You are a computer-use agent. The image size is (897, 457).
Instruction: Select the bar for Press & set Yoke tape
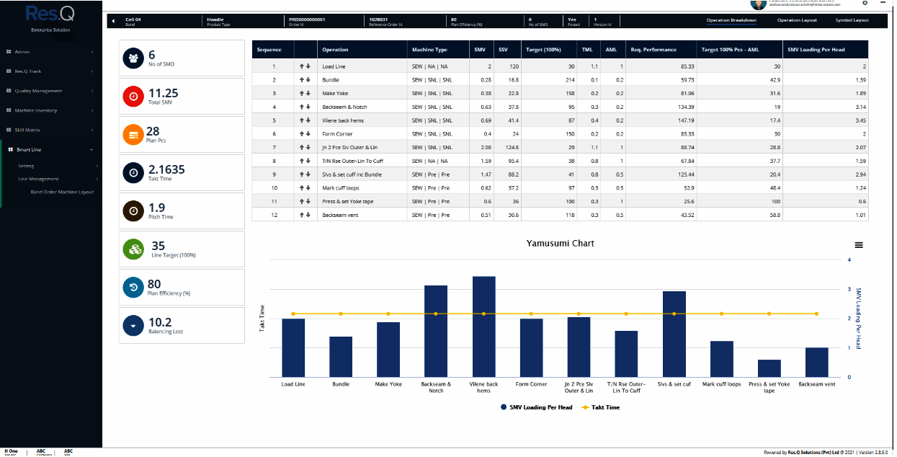(769, 368)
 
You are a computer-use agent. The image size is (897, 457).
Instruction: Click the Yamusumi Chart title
(561, 244)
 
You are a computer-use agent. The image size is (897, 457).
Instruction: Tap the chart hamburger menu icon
(858, 245)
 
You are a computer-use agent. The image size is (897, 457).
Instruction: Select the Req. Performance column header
(653, 50)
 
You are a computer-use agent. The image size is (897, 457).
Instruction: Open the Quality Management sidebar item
(38, 91)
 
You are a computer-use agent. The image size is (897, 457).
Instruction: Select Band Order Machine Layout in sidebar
(62, 192)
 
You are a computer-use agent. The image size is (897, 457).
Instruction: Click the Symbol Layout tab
(852, 20)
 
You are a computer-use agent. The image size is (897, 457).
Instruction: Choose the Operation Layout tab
(797, 20)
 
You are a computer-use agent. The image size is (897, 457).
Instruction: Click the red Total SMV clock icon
(133, 97)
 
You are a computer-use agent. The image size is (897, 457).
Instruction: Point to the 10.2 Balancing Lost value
(159, 322)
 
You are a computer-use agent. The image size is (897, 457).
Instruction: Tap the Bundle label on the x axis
(341, 384)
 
